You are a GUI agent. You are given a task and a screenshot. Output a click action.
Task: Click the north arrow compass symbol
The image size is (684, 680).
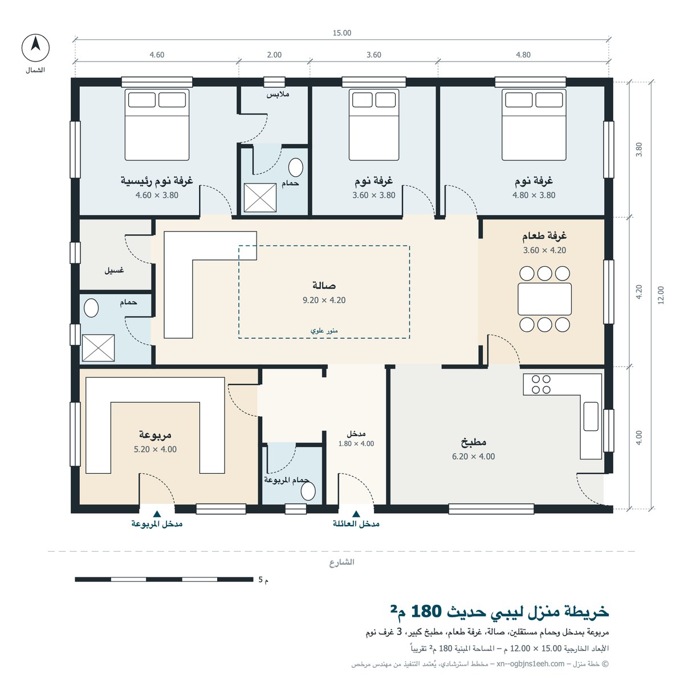tap(35, 47)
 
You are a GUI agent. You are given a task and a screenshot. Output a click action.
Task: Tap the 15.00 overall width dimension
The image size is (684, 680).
tap(341, 33)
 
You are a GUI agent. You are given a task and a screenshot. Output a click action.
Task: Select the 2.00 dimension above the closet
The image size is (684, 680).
tap(274, 55)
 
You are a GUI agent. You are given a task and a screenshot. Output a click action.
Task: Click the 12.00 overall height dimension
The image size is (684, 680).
tap(660, 295)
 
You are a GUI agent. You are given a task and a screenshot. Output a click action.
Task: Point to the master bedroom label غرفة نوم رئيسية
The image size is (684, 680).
tap(157, 180)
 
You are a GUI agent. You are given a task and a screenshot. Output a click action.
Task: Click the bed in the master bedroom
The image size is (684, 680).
tap(157, 125)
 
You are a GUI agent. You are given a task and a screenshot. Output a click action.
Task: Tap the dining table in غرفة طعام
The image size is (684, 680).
tap(544, 299)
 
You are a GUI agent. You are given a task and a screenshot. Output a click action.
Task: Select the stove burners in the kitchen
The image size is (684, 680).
tap(541, 384)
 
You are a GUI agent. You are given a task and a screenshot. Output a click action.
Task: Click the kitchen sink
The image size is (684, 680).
tap(591, 416)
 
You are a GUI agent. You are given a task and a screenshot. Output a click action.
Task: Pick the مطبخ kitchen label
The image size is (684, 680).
tap(473, 442)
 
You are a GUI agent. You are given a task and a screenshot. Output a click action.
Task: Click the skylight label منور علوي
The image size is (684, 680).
tap(324, 331)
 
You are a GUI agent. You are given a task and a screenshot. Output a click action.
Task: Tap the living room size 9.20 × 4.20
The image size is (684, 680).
tap(324, 300)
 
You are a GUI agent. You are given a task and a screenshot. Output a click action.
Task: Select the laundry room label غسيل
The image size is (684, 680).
tap(114, 270)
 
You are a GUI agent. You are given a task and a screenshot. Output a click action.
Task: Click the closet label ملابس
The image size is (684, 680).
tap(278, 95)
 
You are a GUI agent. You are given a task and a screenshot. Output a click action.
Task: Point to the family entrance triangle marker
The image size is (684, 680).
tap(356, 514)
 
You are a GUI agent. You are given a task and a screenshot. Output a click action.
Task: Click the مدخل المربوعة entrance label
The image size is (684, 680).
tap(157, 524)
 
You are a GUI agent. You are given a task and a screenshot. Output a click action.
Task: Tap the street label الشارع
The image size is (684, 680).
tap(341, 562)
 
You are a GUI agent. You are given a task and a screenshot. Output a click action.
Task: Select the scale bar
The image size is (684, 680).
tap(164, 579)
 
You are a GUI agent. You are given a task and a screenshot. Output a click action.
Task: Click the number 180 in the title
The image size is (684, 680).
tap(426, 611)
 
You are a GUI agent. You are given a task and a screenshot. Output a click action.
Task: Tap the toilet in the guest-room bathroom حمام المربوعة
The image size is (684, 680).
tap(308, 492)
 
